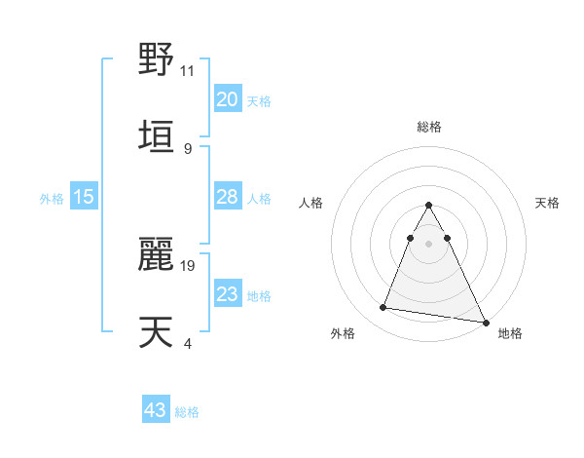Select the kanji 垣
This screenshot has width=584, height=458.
(x=157, y=134)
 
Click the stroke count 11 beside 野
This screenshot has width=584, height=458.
(x=188, y=70)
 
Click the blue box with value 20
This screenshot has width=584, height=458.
(x=227, y=99)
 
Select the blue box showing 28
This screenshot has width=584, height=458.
(x=227, y=197)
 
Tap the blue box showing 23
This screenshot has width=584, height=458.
(x=227, y=294)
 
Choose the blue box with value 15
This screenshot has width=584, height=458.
(x=84, y=197)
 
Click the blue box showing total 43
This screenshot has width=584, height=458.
(x=155, y=410)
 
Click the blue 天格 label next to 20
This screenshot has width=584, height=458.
(x=259, y=100)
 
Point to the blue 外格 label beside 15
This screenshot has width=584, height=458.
(x=52, y=198)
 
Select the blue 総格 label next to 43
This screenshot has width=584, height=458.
(x=187, y=411)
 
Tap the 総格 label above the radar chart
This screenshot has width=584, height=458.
(x=429, y=127)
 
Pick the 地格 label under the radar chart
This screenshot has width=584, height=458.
(x=510, y=333)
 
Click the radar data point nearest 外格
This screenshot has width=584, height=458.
(x=383, y=308)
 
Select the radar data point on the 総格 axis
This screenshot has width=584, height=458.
(x=429, y=206)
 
